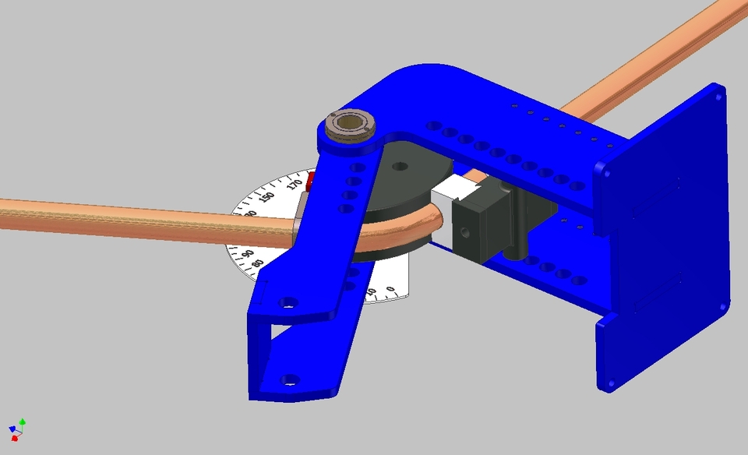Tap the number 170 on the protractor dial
pos(295,185)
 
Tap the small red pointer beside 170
pos(309,182)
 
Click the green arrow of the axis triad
pos(23,421)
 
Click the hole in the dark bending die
pos(400,166)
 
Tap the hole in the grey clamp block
pos(466,231)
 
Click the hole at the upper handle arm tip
pos(289,302)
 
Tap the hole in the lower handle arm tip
pos(290,380)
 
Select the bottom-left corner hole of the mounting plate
pos(610,383)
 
